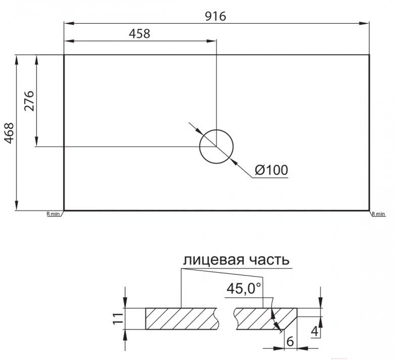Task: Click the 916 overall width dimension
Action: click(215, 16)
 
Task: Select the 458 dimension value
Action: click(139, 33)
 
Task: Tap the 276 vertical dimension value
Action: click(29, 101)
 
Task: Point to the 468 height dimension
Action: click(9, 133)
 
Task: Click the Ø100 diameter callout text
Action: click(271, 170)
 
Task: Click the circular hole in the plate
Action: click(216, 129)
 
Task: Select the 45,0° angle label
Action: click(243, 288)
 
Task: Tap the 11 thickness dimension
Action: click(118, 319)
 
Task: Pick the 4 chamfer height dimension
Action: click(314, 331)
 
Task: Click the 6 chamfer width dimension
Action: click(290, 342)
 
